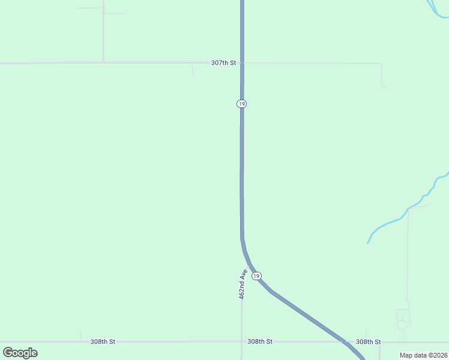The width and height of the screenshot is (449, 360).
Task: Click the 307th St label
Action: [x=223, y=62]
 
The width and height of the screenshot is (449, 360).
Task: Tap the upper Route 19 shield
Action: [x=241, y=104]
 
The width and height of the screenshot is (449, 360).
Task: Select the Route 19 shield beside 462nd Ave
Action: [x=257, y=276]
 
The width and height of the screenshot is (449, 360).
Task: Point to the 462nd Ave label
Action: [x=243, y=284]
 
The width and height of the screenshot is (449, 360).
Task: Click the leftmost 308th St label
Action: [x=103, y=341]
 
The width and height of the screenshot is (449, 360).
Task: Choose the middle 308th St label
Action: [x=260, y=341]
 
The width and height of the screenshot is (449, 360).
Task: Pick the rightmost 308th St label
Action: [x=368, y=341]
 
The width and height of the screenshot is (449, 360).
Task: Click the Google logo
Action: [x=20, y=353]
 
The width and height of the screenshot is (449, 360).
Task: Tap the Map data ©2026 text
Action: [x=424, y=355]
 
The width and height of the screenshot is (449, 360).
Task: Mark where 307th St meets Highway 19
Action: [x=242, y=62]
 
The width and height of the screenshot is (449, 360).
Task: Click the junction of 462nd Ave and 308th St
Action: [x=242, y=341]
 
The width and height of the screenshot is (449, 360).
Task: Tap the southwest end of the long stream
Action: [x=368, y=242]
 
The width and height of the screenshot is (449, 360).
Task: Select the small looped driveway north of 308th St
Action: [x=403, y=318]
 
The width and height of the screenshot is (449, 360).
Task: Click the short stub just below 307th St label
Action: [x=193, y=70]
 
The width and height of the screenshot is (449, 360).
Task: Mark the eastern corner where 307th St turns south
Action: [x=381, y=64]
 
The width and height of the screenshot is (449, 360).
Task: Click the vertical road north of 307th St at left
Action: [x=103, y=30]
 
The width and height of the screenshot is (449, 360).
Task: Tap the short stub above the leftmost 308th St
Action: [x=81, y=336]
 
